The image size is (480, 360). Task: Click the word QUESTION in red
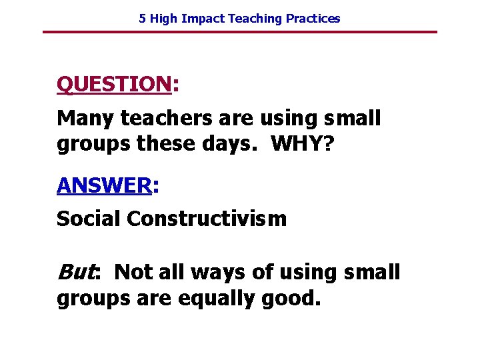pos(114,84)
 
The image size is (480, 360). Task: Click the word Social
pos(89,219)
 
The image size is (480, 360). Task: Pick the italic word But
pos(74,272)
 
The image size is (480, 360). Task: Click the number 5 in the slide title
pos(142,19)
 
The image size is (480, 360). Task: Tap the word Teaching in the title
pos(255,19)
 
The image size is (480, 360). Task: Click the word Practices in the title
pos(313,19)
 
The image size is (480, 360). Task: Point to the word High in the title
pos(163,19)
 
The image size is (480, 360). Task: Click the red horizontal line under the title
pos(240,32)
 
